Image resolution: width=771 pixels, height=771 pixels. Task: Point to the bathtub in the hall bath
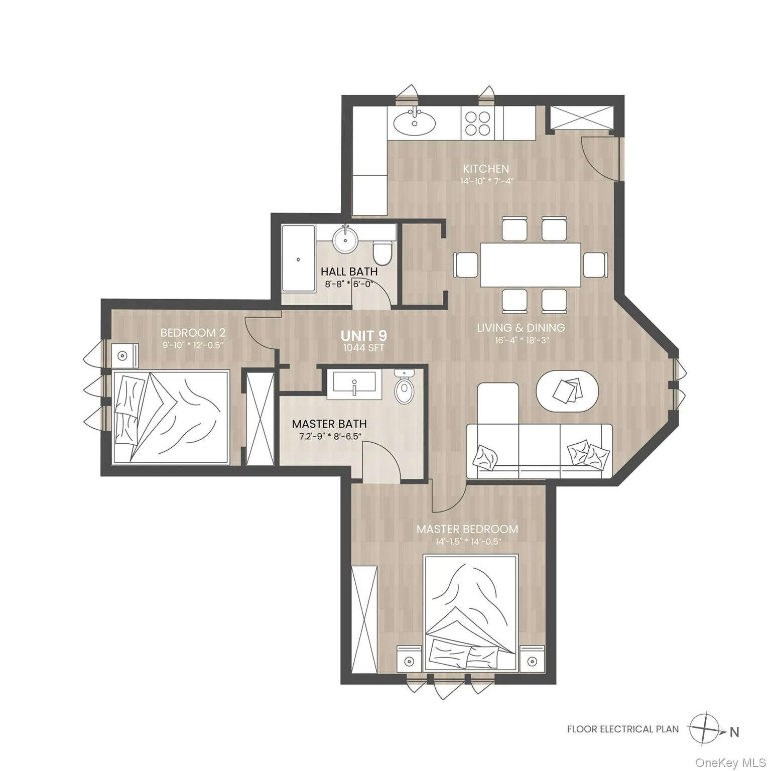point(298,259)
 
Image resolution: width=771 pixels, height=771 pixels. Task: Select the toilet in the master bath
point(405,388)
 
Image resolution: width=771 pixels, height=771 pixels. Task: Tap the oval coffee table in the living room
point(567,392)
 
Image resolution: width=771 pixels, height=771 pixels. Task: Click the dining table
point(530,265)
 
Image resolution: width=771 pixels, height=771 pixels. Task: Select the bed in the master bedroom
point(470,612)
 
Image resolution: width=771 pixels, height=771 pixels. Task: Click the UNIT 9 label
point(364,335)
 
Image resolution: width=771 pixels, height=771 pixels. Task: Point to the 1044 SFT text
point(364,348)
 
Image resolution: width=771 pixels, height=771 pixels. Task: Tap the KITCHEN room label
point(485,169)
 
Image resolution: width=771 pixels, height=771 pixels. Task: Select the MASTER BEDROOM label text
point(467,529)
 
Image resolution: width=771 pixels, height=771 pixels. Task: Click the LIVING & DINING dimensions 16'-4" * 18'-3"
point(521,340)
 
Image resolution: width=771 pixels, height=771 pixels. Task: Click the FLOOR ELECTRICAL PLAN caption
point(622,729)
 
